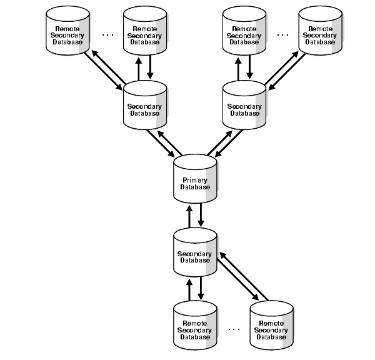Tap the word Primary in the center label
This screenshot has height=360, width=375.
point(194,179)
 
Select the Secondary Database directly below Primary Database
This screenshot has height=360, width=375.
point(195,253)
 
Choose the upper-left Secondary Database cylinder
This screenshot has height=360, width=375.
point(145,106)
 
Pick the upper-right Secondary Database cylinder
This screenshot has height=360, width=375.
point(244,106)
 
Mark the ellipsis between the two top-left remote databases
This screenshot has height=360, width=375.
point(107,34)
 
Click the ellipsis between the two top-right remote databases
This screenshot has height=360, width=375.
point(282,34)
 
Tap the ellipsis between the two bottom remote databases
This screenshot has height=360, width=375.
point(234,328)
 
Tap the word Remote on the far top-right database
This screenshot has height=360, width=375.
point(319,28)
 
